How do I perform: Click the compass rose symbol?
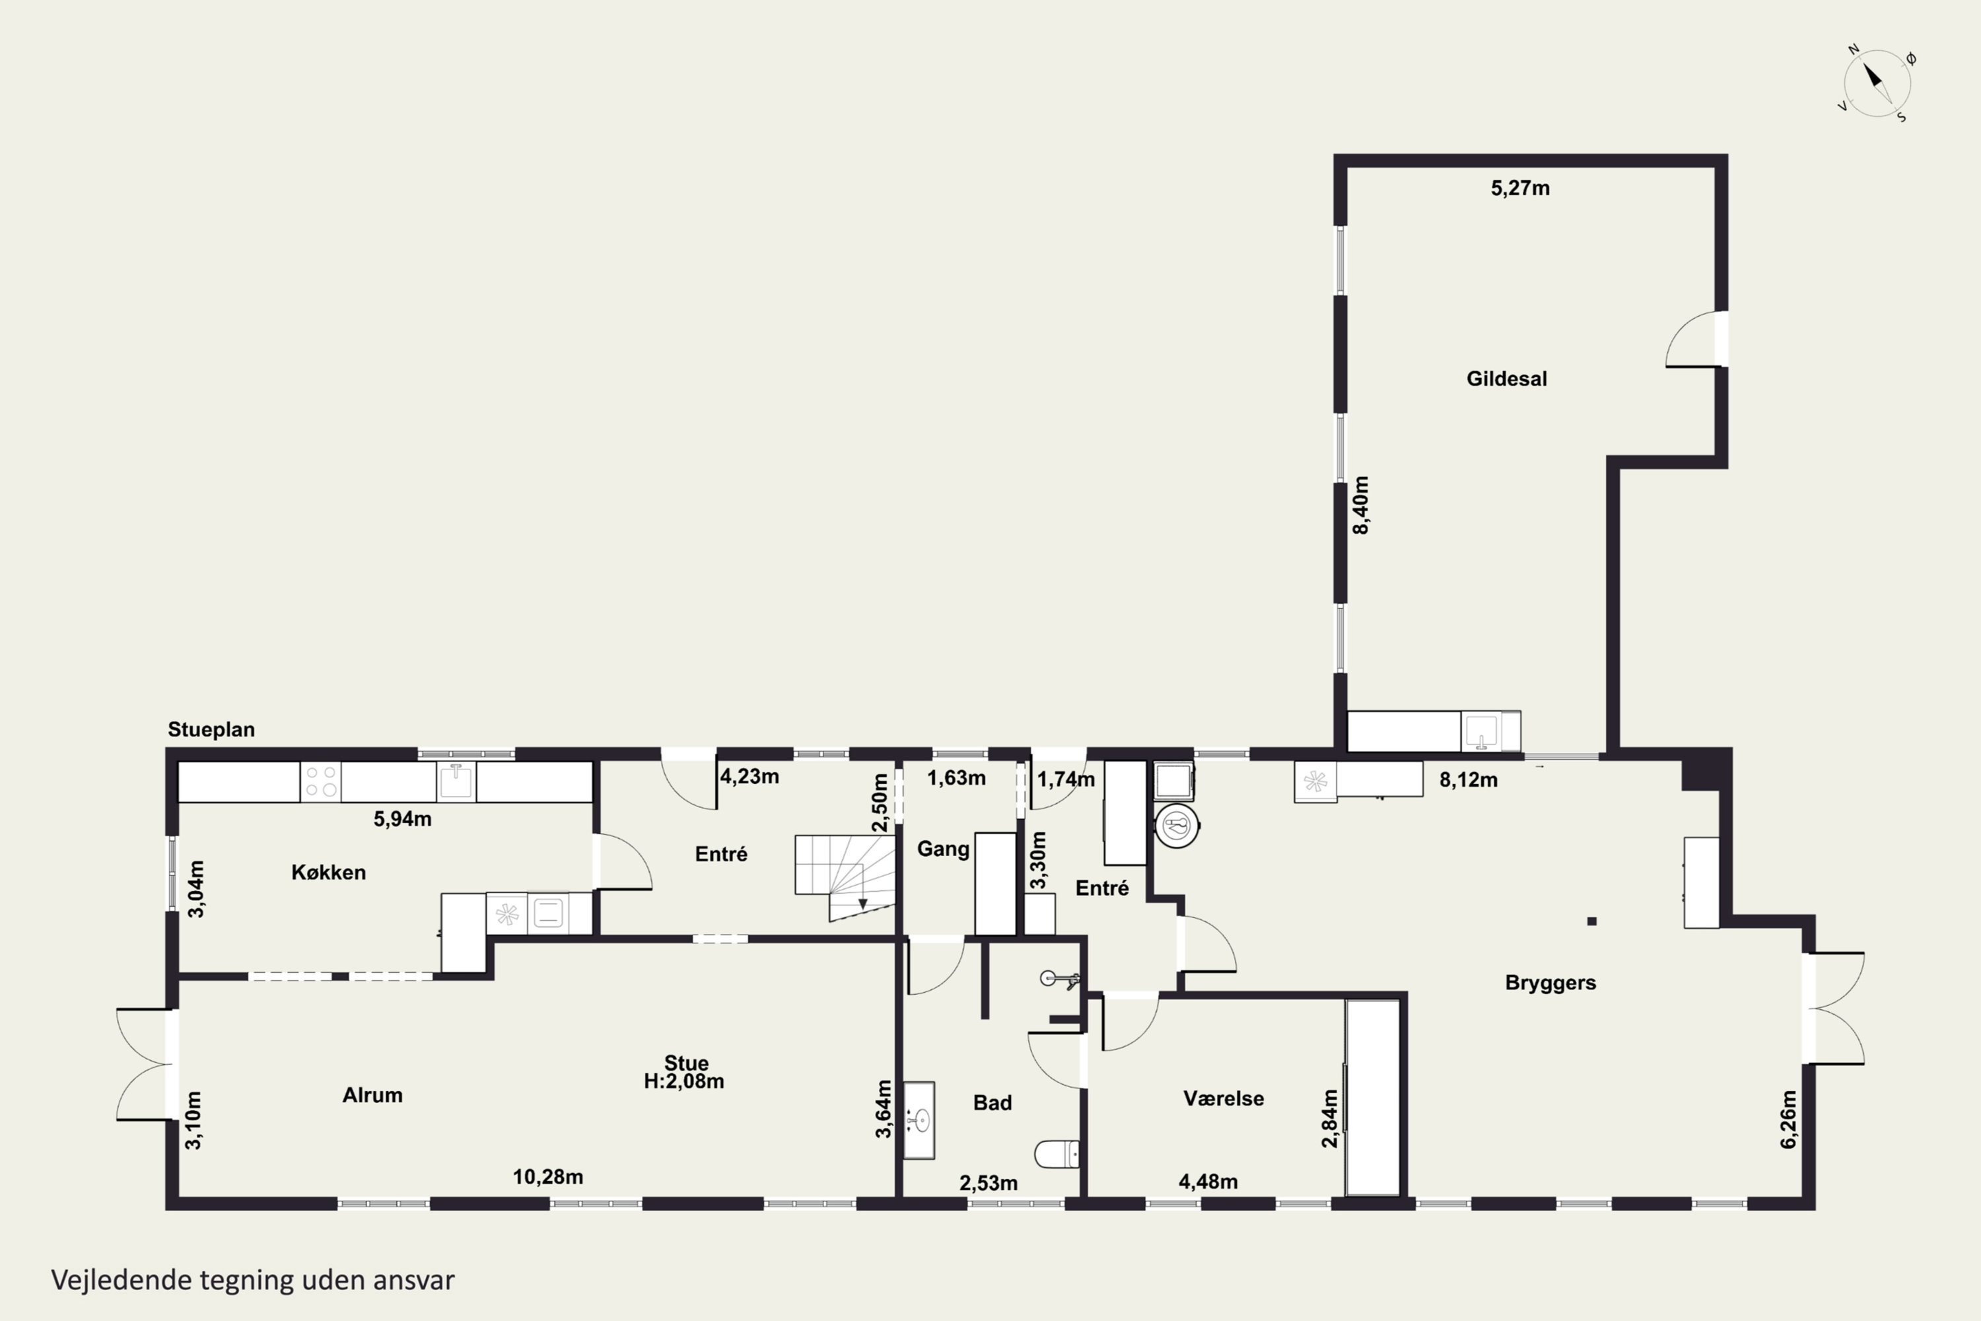coord(1877,83)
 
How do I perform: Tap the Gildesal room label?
coord(1507,379)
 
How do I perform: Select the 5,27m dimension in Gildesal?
coord(1520,188)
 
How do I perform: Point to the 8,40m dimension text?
coord(1361,505)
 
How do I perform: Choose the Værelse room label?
coord(1224,1098)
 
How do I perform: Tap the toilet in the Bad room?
coord(1057,1154)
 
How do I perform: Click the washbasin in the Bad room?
coord(920,1120)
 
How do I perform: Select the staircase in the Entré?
coord(845,877)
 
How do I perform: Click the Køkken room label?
coord(328,873)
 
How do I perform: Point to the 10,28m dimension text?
coord(548,1177)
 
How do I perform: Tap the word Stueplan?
coord(211,730)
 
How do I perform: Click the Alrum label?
coord(372,1095)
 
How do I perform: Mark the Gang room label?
coord(944,849)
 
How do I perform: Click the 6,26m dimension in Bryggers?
coord(1789,1119)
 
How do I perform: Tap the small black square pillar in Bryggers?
coord(1592,921)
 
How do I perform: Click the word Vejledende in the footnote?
coord(122,1280)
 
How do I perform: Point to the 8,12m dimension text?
coord(1469,780)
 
